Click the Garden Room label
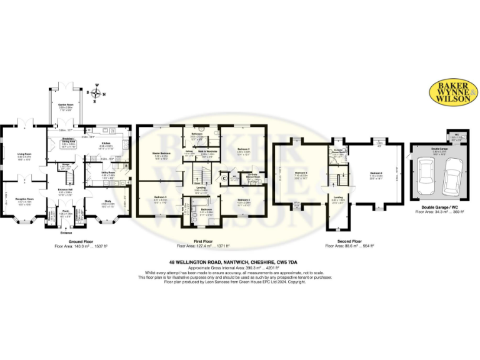pyautogui.click(x=66, y=104)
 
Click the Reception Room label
pyautogui.click(x=24, y=200)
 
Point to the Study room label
pyautogui.click(x=109, y=201)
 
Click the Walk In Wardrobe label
pyautogui.click(x=207, y=151)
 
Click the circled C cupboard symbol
pyautogui.click(x=224, y=179)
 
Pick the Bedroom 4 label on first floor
pyautogui.click(x=244, y=201)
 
